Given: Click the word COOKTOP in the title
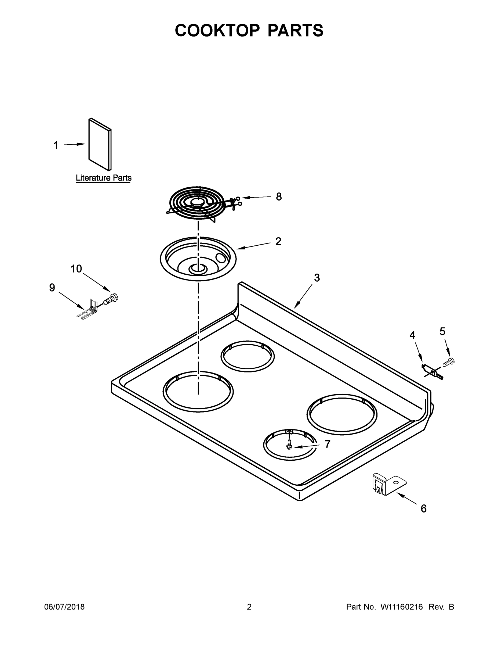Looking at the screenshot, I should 217,30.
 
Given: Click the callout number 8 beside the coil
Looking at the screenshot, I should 278,197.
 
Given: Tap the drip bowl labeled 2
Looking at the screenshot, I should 198,259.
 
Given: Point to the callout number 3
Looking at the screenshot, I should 317,278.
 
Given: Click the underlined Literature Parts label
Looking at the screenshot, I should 104,178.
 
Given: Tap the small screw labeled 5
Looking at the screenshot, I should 448,361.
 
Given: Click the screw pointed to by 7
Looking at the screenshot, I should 289,444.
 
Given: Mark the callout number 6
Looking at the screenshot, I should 423,508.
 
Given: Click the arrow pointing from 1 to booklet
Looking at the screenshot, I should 74,144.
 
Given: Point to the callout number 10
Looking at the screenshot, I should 76,269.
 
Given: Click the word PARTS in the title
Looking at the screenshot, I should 295,30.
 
